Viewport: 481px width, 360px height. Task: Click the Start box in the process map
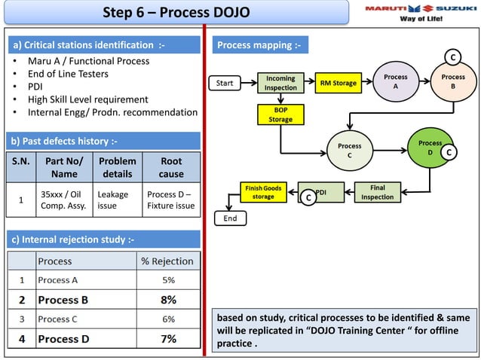tap(225, 83)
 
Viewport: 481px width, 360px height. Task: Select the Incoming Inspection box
tap(280, 83)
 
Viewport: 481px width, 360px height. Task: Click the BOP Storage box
tap(280, 114)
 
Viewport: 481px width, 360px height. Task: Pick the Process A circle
tap(395, 82)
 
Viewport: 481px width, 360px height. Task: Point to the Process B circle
tap(453, 82)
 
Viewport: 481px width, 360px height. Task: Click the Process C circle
tap(349, 151)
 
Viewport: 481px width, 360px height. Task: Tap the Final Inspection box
tap(377, 192)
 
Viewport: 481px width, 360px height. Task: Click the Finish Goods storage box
tap(263, 192)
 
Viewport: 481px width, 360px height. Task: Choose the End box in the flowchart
tap(230, 218)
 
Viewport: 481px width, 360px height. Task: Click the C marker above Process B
tap(452, 57)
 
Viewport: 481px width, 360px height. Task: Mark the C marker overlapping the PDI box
tap(307, 197)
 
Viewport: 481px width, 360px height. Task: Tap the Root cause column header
tap(171, 167)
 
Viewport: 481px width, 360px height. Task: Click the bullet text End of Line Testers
tap(68, 74)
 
